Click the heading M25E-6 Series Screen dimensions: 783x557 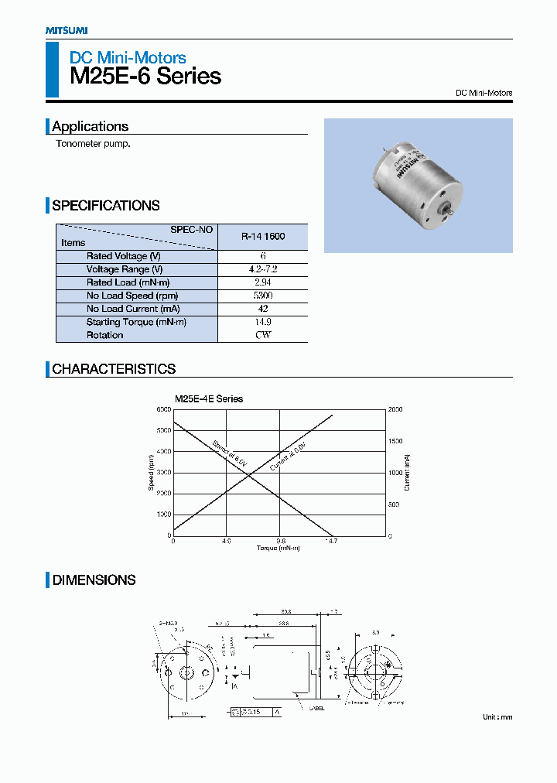145,77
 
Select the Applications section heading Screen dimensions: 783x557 90,126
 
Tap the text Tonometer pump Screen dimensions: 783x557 92,145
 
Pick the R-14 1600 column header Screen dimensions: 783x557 263,236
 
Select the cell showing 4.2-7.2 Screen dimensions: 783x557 263,269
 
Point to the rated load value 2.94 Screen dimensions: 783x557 263,282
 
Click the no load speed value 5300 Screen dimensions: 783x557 263,296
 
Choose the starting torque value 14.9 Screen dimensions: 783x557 263,322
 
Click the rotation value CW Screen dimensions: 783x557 263,335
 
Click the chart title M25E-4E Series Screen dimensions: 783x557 208,399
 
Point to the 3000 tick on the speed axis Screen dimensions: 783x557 163,473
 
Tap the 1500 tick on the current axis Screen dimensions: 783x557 395,441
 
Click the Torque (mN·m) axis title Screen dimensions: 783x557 278,549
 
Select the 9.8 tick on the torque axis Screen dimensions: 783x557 280,542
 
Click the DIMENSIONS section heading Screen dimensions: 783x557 94,580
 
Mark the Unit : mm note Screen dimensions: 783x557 497,717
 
